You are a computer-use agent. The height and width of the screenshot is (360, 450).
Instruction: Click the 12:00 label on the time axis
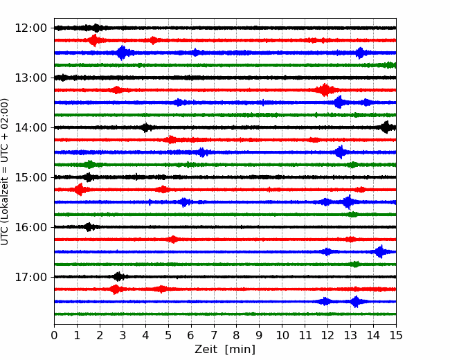pos(30,28)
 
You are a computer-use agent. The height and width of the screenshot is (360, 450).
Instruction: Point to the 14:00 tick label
pos(30,127)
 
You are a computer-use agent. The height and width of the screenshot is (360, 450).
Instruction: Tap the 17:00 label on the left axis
pos(30,277)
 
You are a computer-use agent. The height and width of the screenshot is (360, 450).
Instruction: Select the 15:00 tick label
pos(30,177)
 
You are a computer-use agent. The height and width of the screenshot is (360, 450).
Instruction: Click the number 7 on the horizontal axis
pos(214,335)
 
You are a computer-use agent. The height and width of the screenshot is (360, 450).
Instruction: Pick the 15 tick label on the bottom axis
pos(396,335)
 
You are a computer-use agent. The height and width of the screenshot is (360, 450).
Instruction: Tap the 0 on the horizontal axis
pos(54,335)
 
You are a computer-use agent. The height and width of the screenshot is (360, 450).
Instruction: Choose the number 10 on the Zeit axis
pos(282,335)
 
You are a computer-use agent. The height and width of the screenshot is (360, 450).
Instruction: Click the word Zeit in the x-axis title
pos(206,349)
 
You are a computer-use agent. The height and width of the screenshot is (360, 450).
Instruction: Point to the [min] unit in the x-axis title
pos(240,350)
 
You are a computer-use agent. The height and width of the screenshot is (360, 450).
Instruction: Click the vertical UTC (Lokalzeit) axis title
pos(5,172)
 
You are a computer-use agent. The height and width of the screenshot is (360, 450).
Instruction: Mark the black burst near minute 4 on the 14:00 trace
pos(146,127)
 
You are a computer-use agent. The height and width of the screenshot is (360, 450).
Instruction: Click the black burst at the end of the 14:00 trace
pos(387,127)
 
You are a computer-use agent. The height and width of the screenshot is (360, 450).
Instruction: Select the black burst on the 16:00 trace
pos(89,227)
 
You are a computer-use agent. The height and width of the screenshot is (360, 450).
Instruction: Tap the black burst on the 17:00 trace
pos(118,277)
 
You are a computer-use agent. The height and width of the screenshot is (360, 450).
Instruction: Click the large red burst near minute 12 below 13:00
pos(325,90)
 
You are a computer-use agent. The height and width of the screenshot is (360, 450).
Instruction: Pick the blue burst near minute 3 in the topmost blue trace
pos(123,53)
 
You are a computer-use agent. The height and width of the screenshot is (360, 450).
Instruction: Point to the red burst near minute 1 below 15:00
pos(79,190)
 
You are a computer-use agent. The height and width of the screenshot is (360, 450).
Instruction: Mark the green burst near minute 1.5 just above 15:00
pos(90,165)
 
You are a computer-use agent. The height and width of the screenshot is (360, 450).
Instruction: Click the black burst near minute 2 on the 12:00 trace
pos(96,28)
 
